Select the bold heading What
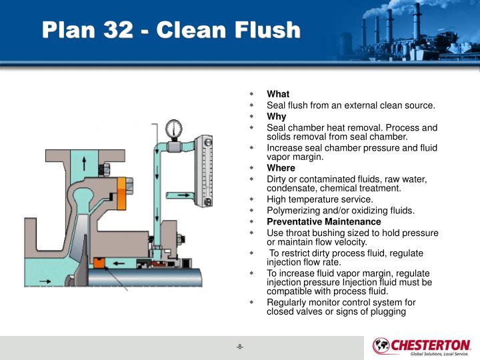pos(278,95)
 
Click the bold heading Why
pos(277,117)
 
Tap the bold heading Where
pos(281,169)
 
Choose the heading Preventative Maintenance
pos(324,222)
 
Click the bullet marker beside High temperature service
pos(252,199)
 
